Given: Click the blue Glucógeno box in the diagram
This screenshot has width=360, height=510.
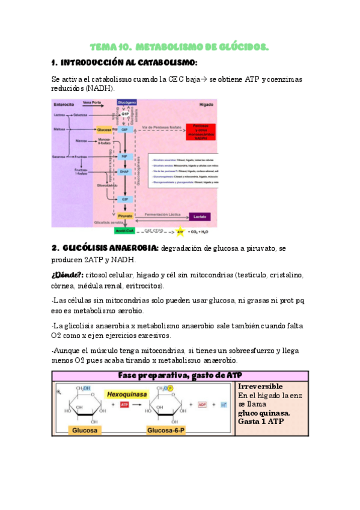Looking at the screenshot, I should (x=127, y=103).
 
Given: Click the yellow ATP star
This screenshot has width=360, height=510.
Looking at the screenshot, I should (x=178, y=232).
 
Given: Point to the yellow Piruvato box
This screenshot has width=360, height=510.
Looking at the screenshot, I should (x=125, y=215).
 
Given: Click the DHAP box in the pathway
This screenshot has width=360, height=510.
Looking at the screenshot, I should (x=124, y=171).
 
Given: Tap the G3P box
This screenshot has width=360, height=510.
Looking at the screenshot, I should (x=125, y=199).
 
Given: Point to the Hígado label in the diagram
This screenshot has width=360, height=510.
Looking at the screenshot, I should (x=206, y=104).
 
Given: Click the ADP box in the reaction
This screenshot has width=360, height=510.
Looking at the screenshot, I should (x=202, y=405).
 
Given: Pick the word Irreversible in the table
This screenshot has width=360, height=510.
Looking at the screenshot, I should (x=260, y=387).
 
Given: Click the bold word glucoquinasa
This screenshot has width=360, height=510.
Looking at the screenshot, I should (x=264, y=414).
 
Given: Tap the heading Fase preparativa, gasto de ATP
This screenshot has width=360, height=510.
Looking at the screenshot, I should (x=180, y=375).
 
